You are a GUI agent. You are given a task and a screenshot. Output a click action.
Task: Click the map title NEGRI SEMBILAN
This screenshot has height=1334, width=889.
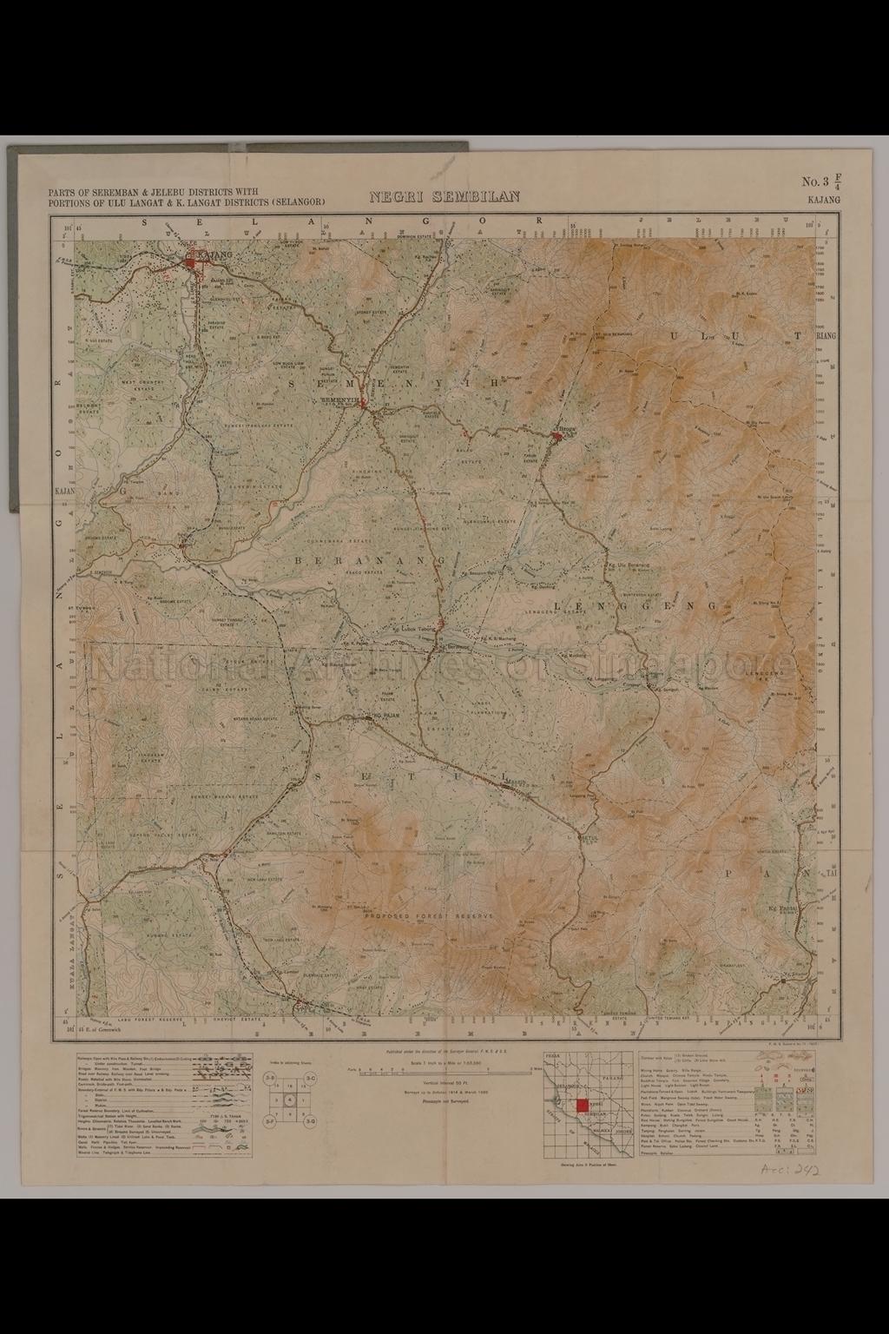click(x=444, y=197)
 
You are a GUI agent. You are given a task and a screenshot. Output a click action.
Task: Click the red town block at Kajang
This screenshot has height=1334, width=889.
click(x=192, y=258)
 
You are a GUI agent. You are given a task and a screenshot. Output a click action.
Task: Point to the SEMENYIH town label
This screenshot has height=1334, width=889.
click(x=339, y=400)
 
